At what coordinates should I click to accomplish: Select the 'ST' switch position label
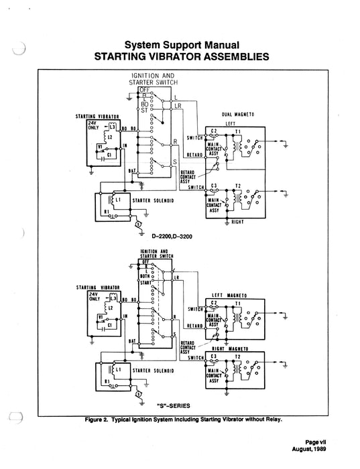click(x=143, y=109)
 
